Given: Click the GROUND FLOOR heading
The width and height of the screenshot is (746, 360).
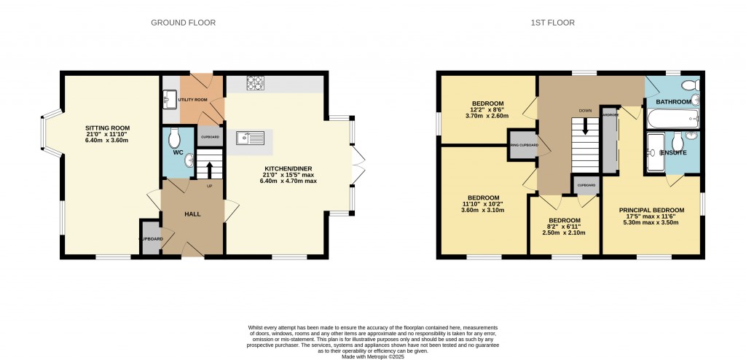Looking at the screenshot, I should [183, 23].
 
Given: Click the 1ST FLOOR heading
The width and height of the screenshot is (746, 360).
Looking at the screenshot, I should [553, 23].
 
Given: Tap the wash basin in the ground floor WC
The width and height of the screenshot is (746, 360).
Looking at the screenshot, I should [189, 160].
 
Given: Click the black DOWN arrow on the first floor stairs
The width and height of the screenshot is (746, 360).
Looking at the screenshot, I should [584, 130].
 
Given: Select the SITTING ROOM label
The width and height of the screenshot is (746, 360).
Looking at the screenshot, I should [106, 128].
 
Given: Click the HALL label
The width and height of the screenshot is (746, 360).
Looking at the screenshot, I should [192, 214].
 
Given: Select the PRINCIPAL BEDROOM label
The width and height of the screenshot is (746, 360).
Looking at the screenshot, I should [652, 209].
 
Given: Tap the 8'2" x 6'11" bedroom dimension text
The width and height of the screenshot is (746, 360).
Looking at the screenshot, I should [565, 227].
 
